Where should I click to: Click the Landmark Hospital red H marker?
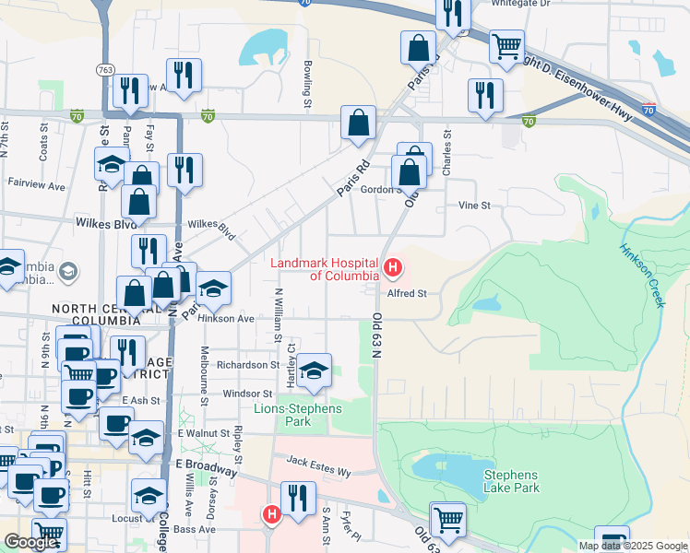coord(393,268)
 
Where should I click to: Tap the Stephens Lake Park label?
coord(511,481)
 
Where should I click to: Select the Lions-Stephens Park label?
coord(298,415)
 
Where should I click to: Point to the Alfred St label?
coord(407,293)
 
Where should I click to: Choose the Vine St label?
coord(474,206)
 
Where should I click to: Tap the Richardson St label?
coord(247,365)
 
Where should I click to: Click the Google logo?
coord(30,542)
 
